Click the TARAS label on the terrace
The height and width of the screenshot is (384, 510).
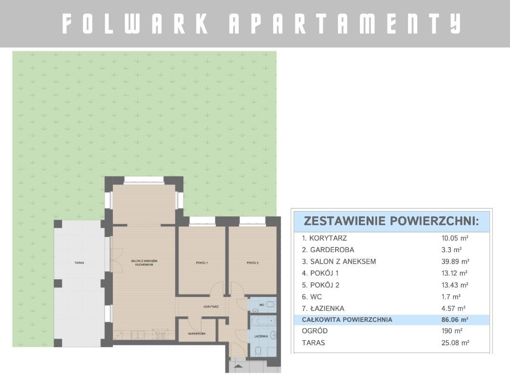click(79, 263)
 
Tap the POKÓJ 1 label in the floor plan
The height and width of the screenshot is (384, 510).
click(202, 263)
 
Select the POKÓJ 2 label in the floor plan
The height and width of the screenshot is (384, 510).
click(253, 263)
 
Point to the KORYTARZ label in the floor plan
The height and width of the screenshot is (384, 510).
click(211, 307)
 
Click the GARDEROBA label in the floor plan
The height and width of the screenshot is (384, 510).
click(197, 334)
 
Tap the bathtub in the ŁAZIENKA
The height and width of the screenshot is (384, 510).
click(263, 321)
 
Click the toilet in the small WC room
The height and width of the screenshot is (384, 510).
click(270, 305)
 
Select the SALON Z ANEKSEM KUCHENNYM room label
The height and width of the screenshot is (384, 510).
click(144, 263)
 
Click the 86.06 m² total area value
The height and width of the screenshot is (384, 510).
click(455, 320)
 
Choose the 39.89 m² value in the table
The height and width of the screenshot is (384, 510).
click(455, 261)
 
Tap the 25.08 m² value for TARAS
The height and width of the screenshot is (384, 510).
click(455, 343)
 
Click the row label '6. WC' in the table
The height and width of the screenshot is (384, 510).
click(312, 297)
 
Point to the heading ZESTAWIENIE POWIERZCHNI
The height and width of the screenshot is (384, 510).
click(391, 221)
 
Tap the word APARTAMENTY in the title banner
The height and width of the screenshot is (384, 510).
click(345, 23)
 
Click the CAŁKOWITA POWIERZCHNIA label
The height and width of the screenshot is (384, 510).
click(347, 320)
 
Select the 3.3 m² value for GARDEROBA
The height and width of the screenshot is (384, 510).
click(451, 250)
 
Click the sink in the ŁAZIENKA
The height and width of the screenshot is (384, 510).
click(273, 335)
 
